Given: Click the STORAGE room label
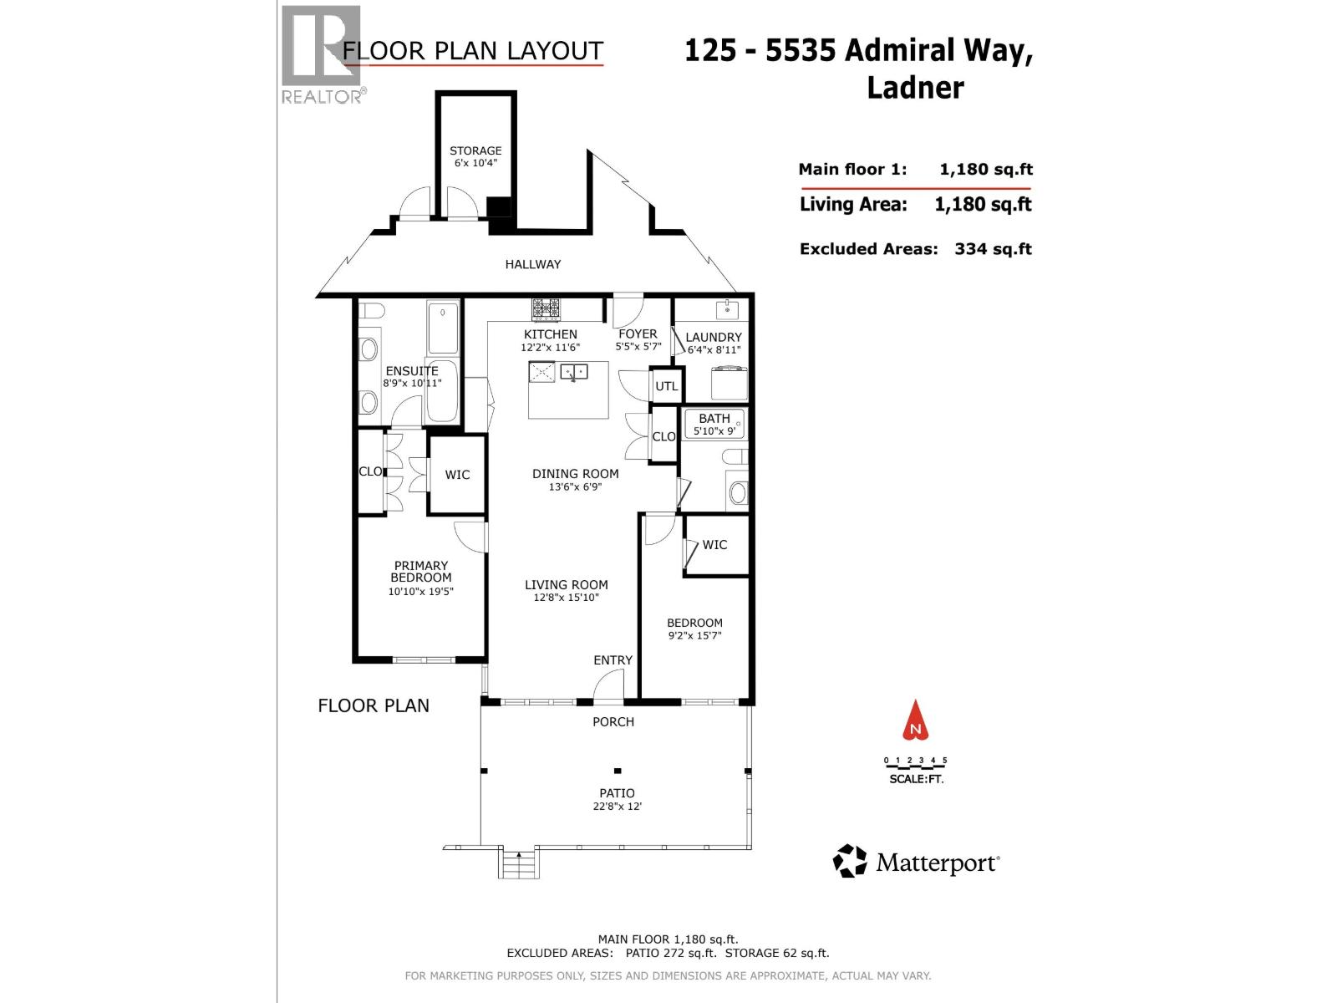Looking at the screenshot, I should (x=475, y=151).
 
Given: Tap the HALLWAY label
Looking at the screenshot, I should (x=532, y=264).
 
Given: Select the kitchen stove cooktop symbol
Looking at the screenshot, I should (x=546, y=310).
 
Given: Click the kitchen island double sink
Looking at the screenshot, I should (x=574, y=371).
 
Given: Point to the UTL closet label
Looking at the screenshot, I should (x=666, y=386).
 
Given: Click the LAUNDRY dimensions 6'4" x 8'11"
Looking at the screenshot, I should (x=714, y=350).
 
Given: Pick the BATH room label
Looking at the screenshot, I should (x=714, y=418).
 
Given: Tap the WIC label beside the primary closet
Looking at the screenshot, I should (x=457, y=475).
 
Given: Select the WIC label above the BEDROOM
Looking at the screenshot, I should (x=714, y=545).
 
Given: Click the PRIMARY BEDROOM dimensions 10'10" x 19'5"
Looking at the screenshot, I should (x=420, y=592).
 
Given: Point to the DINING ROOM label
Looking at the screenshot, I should (x=575, y=473).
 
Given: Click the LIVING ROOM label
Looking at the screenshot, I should (x=566, y=585).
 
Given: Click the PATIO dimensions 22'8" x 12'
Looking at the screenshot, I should (x=617, y=807).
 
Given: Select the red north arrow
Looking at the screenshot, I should (x=916, y=721).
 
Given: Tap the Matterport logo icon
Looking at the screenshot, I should (x=851, y=861).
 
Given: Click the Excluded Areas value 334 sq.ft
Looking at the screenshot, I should (x=993, y=249).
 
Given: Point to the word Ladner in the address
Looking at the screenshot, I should (x=915, y=87).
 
